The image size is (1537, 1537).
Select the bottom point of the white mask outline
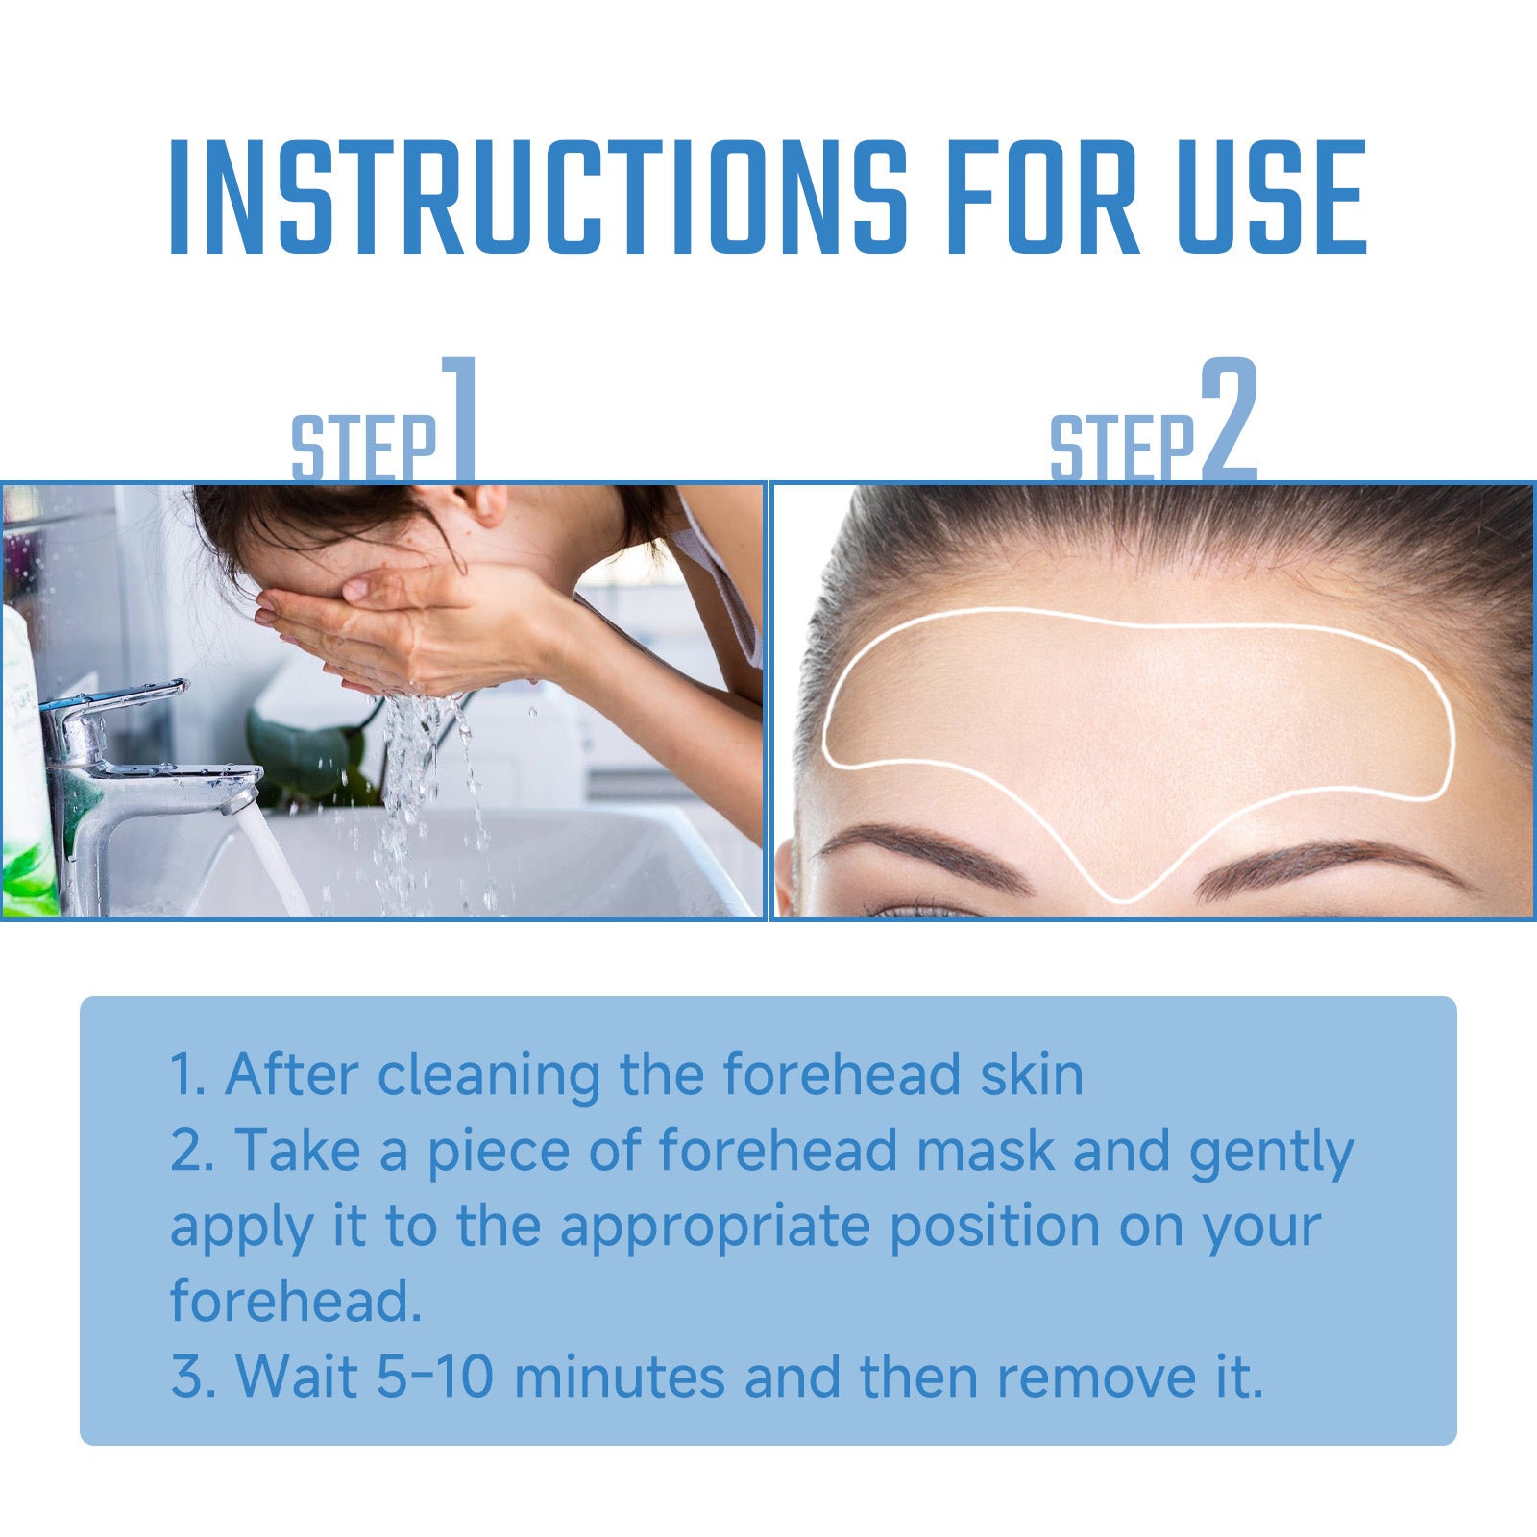tap(1126, 900)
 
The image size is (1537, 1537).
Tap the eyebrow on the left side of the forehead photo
tap(922, 850)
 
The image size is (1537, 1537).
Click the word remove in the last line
tap(1088, 1377)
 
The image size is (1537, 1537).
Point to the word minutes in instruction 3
tap(619, 1377)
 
